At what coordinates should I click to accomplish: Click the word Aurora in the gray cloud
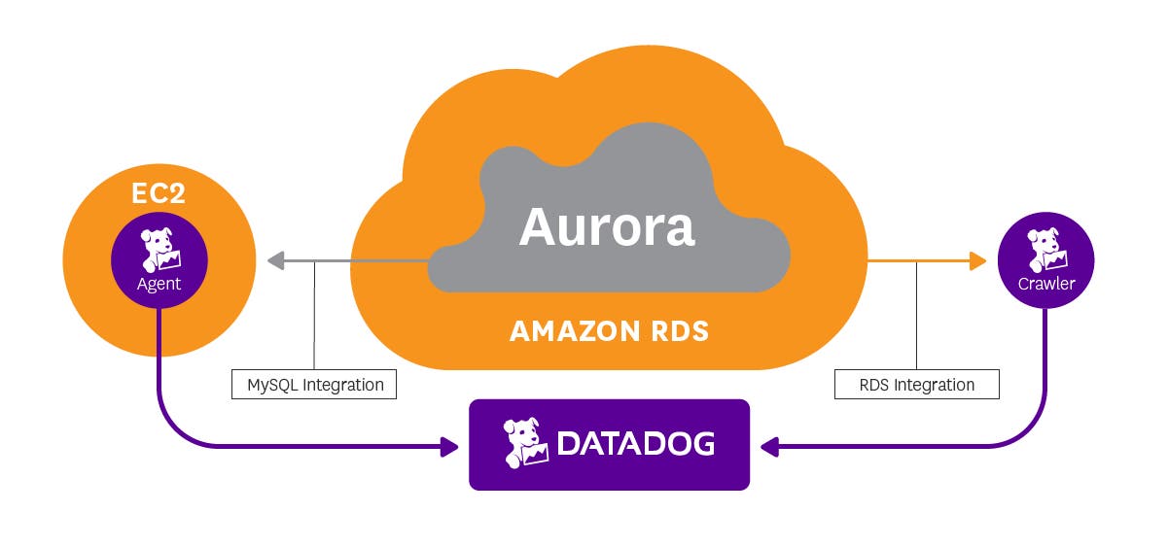pos(607,226)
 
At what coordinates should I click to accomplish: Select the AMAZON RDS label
pos(609,331)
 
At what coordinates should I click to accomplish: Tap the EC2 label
pos(159,192)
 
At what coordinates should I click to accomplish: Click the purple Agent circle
pos(159,259)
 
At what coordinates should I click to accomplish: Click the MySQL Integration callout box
pos(315,385)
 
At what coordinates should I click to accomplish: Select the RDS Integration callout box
pos(916,385)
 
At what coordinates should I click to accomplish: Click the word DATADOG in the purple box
pos(635,445)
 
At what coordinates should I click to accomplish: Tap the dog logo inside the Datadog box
pos(525,443)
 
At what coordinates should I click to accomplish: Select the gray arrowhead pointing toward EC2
pos(275,260)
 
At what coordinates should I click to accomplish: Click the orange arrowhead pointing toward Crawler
pos(976,260)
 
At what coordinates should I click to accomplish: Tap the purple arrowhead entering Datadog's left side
pos(448,447)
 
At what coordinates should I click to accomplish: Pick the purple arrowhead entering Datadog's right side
pos(770,447)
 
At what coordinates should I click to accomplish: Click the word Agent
pos(159,285)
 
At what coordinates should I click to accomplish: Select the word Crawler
pos(1045,285)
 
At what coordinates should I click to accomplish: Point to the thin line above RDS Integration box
pos(916,316)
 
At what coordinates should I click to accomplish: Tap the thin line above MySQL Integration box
pos(315,316)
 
